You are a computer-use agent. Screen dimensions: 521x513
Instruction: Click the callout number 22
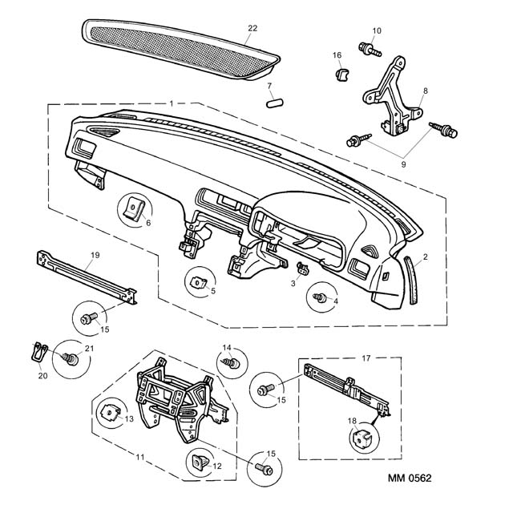(x=252, y=28)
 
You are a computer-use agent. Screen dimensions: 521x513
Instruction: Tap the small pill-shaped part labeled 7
(x=275, y=103)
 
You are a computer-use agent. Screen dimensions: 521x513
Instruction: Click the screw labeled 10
(x=370, y=50)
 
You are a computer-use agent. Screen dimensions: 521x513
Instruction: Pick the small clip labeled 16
(x=341, y=75)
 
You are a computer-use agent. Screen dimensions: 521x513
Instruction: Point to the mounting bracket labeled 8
(x=393, y=96)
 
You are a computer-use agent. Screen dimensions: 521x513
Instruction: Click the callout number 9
(x=403, y=164)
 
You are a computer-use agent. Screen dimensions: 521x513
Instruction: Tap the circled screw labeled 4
(x=320, y=297)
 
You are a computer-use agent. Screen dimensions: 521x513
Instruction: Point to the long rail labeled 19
(x=87, y=278)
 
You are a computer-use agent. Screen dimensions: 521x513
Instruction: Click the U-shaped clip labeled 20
(x=39, y=352)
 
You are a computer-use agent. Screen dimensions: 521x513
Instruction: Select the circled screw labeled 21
(x=70, y=359)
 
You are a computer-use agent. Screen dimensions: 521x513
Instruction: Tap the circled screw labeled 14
(x=232, y=363)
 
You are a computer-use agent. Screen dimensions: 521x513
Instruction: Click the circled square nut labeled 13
(x=110, y=413)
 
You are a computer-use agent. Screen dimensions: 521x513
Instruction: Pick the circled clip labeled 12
(x=200, y=462)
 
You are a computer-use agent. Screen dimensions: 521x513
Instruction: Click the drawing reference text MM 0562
(x=410, y=478)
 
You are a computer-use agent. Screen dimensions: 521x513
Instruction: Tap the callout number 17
(x=366, y=358)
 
